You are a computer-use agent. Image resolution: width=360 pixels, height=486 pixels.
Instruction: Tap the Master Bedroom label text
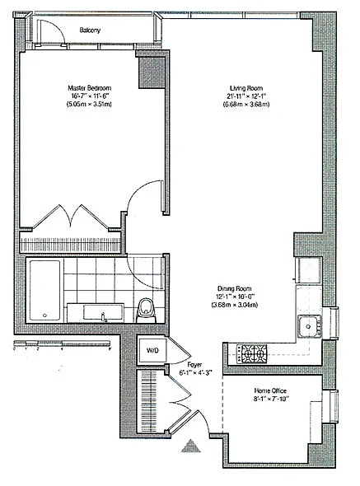tap(89, 87)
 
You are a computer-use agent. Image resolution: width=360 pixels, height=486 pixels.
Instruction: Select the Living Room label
tap(245, 87)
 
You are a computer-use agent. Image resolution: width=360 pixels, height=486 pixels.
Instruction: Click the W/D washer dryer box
tap(153, 349)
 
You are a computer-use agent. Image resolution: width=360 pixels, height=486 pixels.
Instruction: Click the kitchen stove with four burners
tap(253, 355)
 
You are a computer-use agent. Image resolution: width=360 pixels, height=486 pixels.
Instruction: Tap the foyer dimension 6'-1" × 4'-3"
tap(195, 372)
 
